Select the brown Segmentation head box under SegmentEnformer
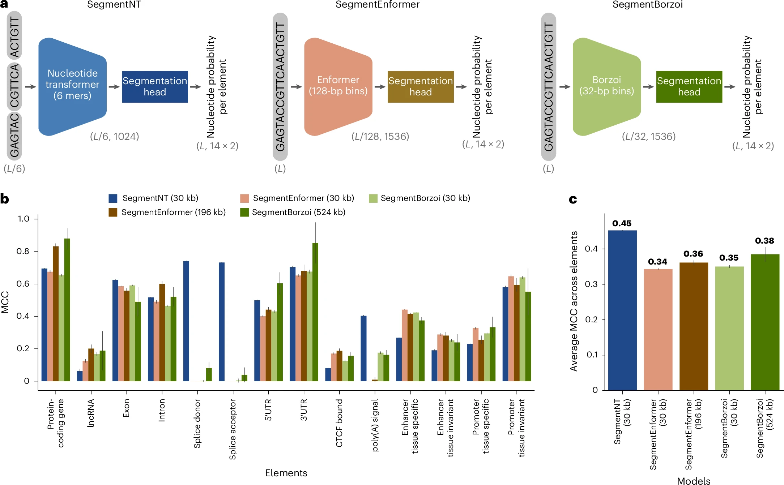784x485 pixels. point(420,87)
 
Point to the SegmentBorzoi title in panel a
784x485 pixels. point(647,5)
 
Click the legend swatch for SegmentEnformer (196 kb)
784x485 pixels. point(113,212)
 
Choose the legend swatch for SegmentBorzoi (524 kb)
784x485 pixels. point(244,212)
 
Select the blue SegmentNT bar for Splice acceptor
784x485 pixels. point(222,322)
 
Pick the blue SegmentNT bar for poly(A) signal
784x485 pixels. point(363,348)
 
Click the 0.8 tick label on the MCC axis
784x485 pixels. point(23,251)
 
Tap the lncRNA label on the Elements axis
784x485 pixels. point(91,413)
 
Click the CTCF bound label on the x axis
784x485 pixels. point(339,423)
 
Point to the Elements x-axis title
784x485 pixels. point(286,473)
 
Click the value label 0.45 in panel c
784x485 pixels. point(622,223)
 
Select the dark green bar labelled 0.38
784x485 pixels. point(765,322)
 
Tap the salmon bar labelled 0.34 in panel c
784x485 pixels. point(658,329)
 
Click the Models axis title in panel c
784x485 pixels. point(694,481)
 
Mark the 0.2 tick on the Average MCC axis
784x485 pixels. point(591,319)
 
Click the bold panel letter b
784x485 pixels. point(5,199)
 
